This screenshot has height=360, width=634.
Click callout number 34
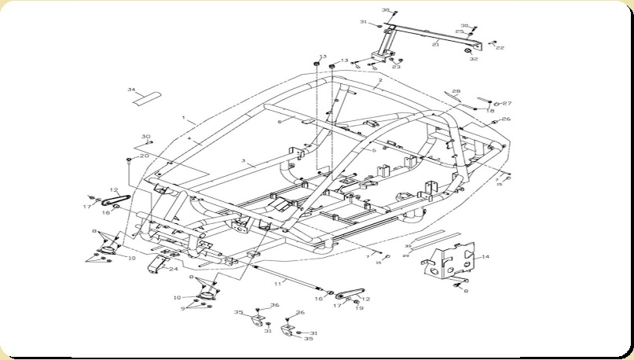tap(132, 90)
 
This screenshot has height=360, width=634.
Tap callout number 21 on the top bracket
tap(435, 45)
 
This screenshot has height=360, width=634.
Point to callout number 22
tap(500, 48)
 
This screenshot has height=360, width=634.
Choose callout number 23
tap(396, 67)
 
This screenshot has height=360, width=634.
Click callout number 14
tap(486, 257)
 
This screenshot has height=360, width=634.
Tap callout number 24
tap(173, 270)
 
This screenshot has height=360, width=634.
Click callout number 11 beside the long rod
tap(277, 281)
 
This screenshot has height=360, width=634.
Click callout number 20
tap(144, 156)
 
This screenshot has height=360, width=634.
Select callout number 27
tap(507, 103)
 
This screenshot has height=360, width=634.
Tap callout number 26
tap(507, 119)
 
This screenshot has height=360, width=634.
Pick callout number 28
tap(456, 91)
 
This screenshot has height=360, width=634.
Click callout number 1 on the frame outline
tap(183, 119)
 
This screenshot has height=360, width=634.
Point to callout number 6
tap(278, 122)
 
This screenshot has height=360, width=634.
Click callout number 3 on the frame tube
tap(244, 161)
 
